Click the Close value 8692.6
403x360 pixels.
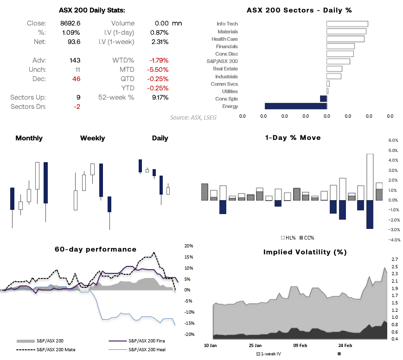coord(70,23)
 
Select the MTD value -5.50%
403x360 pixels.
coord(159,69)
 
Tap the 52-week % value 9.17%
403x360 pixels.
coord(160,97)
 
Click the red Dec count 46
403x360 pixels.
coord(76,79)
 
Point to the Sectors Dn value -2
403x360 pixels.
coord(77,107)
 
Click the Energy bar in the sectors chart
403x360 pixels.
coord(295,106)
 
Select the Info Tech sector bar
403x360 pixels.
coord(347,24)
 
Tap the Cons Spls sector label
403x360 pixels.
coord(226,99)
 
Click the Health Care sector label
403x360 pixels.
coord(224,39)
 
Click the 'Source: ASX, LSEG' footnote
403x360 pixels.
coord(193,117)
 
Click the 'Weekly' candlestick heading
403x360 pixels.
coord(92,138)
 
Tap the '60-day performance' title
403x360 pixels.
coord(96,249)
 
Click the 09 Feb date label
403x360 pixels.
coord(300,345)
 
